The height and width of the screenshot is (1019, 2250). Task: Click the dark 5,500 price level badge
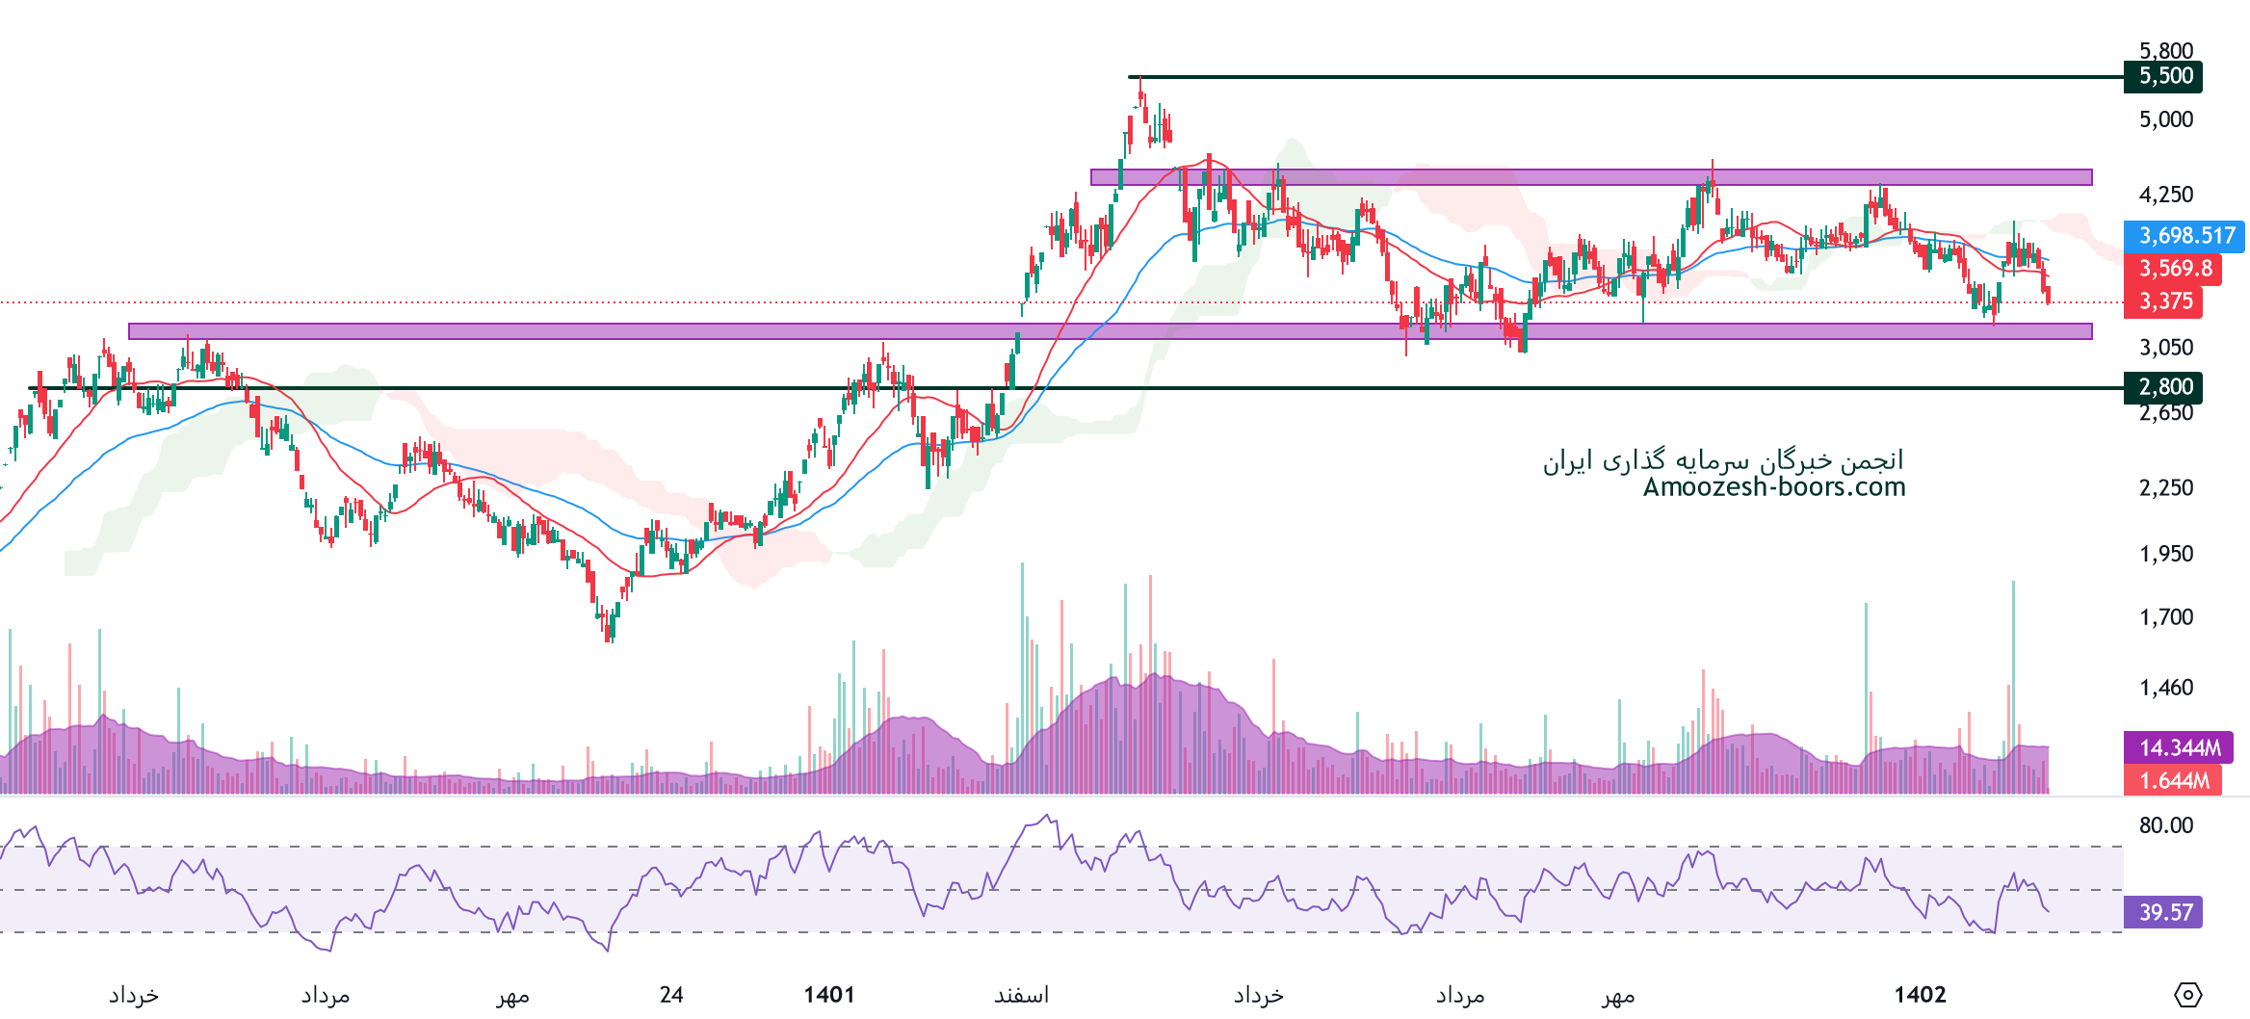point(2162,76)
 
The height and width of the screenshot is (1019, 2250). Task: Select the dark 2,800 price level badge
point(2162,387)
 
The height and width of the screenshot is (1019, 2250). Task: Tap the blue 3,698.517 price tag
point(2184,236)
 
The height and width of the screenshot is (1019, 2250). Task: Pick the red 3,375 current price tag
point(2162,301)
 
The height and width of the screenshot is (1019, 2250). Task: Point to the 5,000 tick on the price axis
point(2165,119)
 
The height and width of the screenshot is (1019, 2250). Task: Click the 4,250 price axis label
point(2165,195)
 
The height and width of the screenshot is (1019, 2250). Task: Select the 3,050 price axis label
point(2165,348)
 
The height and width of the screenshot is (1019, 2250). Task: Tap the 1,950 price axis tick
point(2165,554)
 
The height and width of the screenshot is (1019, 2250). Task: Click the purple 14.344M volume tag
point(2178,747)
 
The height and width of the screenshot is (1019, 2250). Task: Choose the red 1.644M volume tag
point(2172,780)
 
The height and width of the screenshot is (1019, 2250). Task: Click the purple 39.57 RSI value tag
point(2162,912)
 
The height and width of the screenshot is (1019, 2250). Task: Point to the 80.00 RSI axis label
point(2165,825)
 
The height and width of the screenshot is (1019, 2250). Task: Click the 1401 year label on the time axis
point(829,995)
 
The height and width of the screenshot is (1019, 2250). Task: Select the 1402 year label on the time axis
point(1920,995)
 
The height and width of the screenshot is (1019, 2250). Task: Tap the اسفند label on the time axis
point(1021,995)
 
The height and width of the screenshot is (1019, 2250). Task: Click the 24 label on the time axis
point(671,995)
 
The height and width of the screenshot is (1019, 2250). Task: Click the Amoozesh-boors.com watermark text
point(1774,487)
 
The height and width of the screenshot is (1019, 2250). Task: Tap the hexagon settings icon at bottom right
point(2187,995)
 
